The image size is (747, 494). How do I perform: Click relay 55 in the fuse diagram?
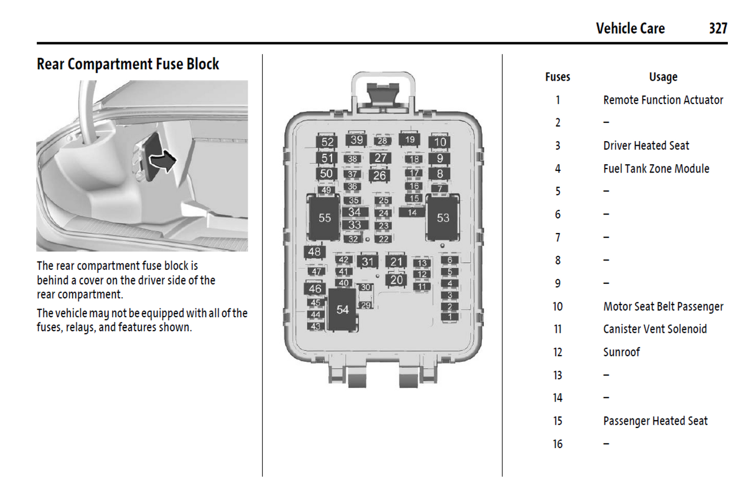pyautogui.click(x=324, y=218)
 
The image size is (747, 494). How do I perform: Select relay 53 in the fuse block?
pyautogui.click(x=443, y=218)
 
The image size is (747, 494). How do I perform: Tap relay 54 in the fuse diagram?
pyautogui.click(x=342, y=310)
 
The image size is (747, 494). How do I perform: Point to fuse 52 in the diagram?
pyautogui.click(x=327, y=142)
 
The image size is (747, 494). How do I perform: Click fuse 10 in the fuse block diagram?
pyautogui.click(x=439, y=142)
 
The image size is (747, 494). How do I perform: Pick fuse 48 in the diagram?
pyautogui.click(x=314, y=252)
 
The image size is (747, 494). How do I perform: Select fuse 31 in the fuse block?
pyautogui.click(x=368, y=261)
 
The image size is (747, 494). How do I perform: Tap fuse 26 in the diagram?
pyautogui.click(x=380, y=175)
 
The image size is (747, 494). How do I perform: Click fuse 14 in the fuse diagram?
pyautogui.click(x=412, y=212)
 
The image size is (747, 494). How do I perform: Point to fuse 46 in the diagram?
pyautogui.click(x=315, y=288)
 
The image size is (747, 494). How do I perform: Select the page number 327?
pyautogui.click(x=718, y=28)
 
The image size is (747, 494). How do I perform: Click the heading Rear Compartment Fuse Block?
pyautogui.click(x=128, y=64)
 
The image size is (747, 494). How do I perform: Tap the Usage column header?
pyautogui.click(x=663, y=77)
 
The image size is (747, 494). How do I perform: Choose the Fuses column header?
pyautogui.click(x=557, y=77)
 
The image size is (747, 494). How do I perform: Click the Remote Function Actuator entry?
pyautogui.click(x=663, y=100)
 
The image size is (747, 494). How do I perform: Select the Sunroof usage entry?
pyautogui.click(x=621, y=352)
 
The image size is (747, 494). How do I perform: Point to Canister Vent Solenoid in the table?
pyautogui.click(x=654, y=329)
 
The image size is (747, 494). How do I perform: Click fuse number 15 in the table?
pyautogui.click(x=557, y=421)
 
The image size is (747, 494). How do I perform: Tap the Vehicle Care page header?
pyautogui.click(x=630, y=28)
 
